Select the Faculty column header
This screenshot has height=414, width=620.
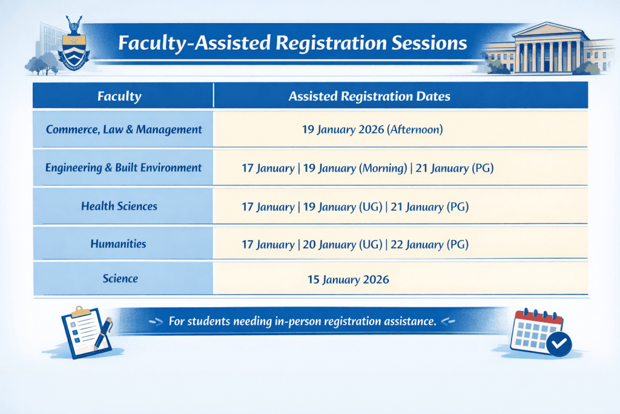point(119,96)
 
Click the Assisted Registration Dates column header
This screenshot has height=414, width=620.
point(369,96)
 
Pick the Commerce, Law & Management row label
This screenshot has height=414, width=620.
point(124,129)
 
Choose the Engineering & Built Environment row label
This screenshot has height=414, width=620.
point(124,168)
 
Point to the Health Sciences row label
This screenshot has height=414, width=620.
point(119,207)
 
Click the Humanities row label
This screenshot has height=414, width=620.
point(118,244)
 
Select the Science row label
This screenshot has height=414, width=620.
point(120,279)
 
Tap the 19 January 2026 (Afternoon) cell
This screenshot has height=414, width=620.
point(372,129)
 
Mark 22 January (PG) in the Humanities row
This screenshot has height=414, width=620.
point(429,245)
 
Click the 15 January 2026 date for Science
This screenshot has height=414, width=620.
point(349,280)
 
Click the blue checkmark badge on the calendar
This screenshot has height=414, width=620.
point(559,344)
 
